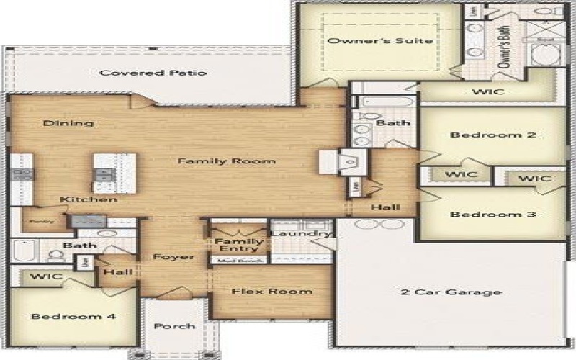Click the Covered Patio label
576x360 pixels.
coord(153,73)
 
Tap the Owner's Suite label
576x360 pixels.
coord(380,41)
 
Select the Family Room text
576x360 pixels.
coord(226,161)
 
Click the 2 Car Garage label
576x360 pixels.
coord(451,292)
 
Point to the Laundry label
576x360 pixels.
coord(301,233)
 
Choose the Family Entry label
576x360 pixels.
coord(238,246)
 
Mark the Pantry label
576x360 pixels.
coord(34,221)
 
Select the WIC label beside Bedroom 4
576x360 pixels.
coord(46,276)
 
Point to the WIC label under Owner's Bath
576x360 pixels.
coord(487,92)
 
